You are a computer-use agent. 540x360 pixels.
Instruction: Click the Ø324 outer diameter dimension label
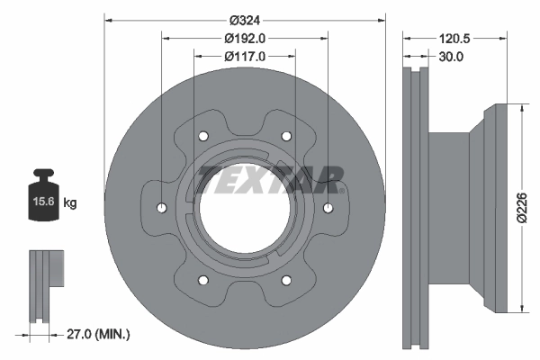click(x=244, y=20)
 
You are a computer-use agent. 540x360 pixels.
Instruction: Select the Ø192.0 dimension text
click(x=244, y=38)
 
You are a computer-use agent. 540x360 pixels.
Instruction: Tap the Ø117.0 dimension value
click(x=244, y=57)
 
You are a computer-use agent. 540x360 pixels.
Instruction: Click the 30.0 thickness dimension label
click(x=449, y=57)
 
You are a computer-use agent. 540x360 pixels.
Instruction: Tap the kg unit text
click(x=70, y=203)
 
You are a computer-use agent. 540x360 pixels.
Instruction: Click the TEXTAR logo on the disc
click(x=271, y=179)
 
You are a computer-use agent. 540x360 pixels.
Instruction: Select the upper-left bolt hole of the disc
click(x=202, y=136)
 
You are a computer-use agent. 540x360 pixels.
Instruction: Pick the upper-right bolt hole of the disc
click(x=286, y=136)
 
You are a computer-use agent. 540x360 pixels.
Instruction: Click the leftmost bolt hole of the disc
click(x=161, y=208)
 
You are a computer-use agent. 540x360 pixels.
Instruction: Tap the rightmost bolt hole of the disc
click(x=328, y=208)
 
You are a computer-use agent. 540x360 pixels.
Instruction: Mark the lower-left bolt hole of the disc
click(x=202, y=280)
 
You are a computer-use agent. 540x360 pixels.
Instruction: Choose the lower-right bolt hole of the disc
click(x=286, y=280)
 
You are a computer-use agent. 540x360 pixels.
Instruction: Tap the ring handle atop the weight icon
click(x=43, y=175)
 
